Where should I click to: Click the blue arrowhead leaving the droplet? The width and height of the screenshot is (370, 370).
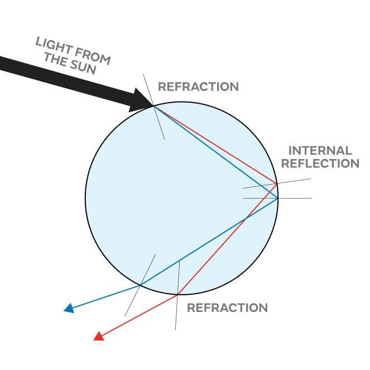[69, 307]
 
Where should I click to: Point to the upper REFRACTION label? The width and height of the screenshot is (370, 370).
[198, 87]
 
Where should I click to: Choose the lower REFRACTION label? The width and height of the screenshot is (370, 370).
[227, 308]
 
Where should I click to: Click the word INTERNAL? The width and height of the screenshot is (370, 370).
[320, 151]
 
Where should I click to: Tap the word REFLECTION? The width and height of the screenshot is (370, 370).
[320, 164]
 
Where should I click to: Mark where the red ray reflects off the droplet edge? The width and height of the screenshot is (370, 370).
[277, 183]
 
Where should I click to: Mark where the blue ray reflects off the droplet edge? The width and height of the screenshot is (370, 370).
[278, 198]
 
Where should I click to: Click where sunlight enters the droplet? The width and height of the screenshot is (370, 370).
[154, 105]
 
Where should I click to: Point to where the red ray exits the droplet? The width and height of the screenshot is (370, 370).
[177, 294]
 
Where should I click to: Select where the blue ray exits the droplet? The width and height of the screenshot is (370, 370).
[140, 285]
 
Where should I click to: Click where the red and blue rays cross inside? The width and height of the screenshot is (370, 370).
[246, 218]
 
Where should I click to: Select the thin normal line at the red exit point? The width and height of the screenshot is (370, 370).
[177, 313]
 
